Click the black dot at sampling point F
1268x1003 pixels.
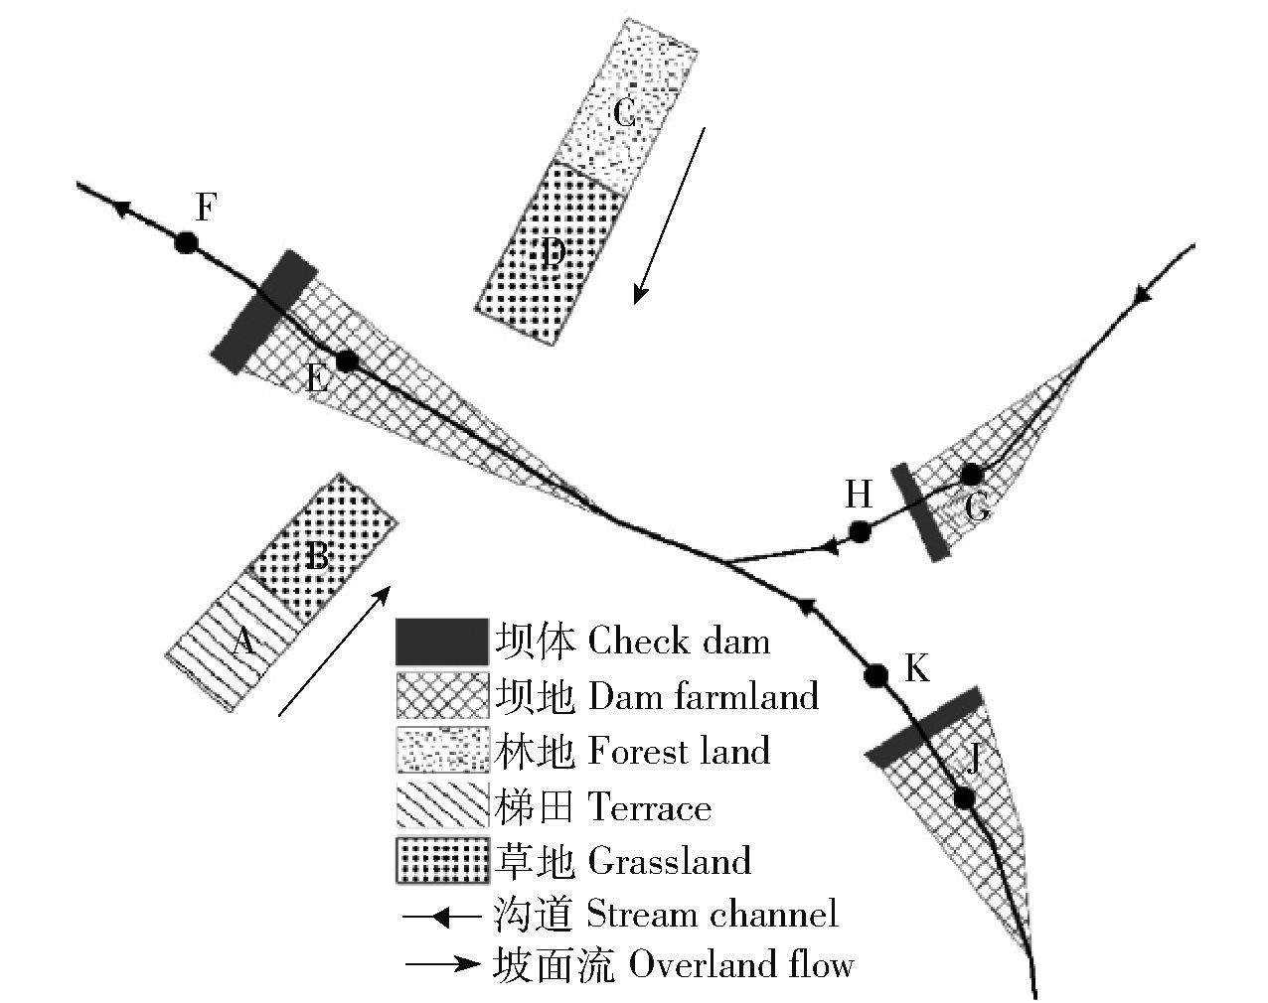pos(185,242)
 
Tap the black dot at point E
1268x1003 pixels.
pos(346,361)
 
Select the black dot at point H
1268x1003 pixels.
pos(861,531)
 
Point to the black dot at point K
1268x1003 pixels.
pos(876,675)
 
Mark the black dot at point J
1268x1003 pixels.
pos(963,797)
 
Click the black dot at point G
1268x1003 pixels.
pos(972,474)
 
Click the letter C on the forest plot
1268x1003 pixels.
pos(624,114)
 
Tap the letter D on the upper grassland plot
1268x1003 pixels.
pos(553,255)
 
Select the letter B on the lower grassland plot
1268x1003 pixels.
pos(317,555)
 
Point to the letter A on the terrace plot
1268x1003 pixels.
pos(242,644)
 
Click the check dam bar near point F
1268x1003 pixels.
pos(264,311)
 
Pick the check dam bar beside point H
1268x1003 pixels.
pos(918,512)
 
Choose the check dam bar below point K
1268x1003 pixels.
pos(924,726)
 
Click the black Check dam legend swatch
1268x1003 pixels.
pos(442,642)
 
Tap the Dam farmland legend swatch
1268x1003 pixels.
pos(442,696)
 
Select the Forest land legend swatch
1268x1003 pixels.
pos(442,751)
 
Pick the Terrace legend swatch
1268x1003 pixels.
pos(442,805)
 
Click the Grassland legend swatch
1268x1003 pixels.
pos(442,860)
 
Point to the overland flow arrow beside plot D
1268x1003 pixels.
pos(671,215)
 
